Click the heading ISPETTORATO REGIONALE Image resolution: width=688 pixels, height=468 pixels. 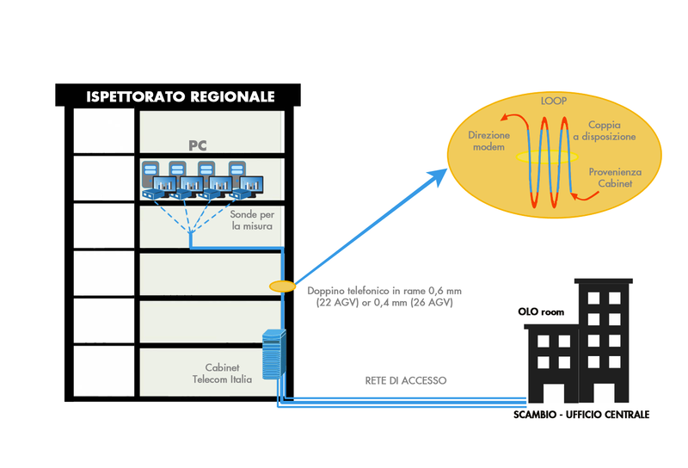point(180,96)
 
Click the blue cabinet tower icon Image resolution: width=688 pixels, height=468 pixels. point(273,356)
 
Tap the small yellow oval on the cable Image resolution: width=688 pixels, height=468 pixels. point(282,285)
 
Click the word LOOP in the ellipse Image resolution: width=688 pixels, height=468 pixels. point(553,102)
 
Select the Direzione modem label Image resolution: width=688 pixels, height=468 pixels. point(489,141)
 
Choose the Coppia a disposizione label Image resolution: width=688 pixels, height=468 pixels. point(611,131)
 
